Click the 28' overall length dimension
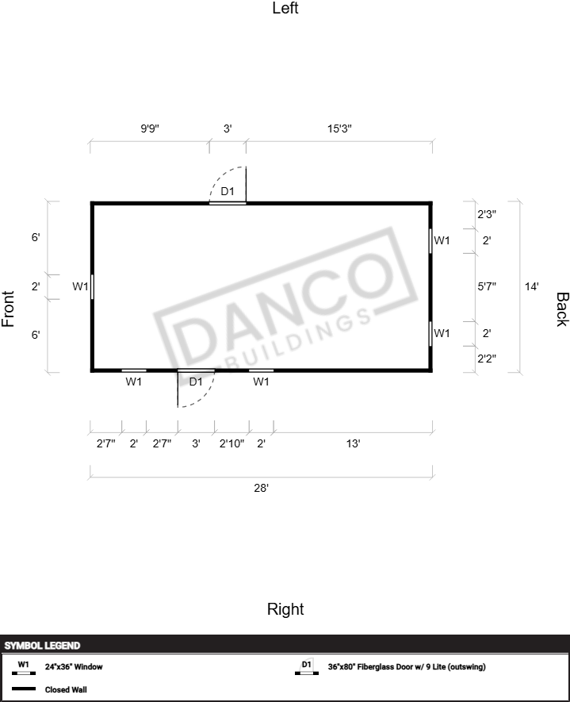[x=262, y=488]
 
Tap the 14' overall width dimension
[x=531, y=286]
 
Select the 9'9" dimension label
[x=150, y=129]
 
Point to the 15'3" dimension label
[x=339, y=129]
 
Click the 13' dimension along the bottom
[x=353, y=443]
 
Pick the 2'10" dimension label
[x=231, y=443]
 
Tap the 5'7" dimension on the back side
[x=487, y=286]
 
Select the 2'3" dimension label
[x=487, y=214]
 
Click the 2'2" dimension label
[x=487, y=359]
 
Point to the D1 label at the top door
[x=228, y=191]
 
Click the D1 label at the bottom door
[x=196, y=382]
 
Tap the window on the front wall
[x=92, y=286]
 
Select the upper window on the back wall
[x=430, y=241]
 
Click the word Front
[x=8, y=309]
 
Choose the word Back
[x=562, y=309]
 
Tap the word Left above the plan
[x=285, y=8]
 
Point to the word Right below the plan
[x=285, y=609]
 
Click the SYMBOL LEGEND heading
[x=42, y=646]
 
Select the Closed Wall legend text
[x=66, y=689]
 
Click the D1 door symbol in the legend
[x=307, y=667]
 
